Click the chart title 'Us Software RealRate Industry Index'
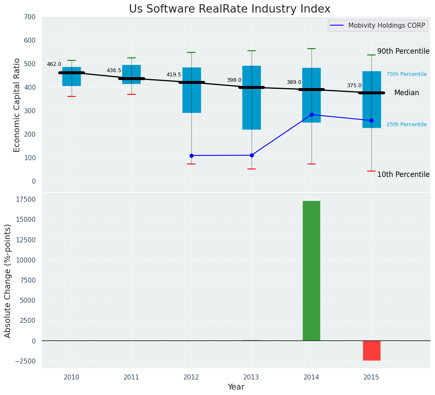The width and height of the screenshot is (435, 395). tap(229, 9)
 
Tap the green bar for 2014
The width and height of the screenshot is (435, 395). tap(311, 270)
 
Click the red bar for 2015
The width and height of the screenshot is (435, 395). tap(371, 350)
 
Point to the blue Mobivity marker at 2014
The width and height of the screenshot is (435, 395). tap(311, 114)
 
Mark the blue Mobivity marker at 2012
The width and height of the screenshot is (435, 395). tap(191, 156)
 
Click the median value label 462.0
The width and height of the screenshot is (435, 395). tap(54, 64)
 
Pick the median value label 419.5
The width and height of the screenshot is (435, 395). tap(174, 75)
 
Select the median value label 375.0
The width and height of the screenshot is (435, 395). tap(354, 86)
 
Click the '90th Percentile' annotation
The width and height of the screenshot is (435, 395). tap(403, 51)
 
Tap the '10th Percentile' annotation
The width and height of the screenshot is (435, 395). tap(403, 174)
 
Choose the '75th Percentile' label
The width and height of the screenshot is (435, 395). tap(407, 74)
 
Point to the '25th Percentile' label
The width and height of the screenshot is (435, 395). tap(407, 125)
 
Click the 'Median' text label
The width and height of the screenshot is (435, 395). tap(407, 93)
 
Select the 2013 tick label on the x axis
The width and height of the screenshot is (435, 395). tap(252, 377)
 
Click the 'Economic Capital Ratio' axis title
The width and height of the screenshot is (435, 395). tap(17, 105)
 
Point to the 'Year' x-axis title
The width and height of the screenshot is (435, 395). tap(236, 387)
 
